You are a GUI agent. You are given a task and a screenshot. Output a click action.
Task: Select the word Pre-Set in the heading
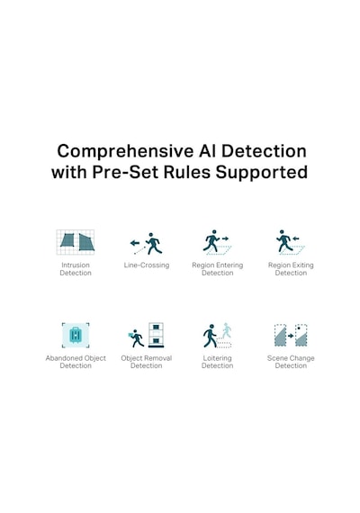coord(126,172)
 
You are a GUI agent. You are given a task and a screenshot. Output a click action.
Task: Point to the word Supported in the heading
coord(262,173)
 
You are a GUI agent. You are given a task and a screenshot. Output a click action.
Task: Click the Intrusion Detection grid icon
coord(76,242)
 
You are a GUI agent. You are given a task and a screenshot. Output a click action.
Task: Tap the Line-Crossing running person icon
coord(153,244)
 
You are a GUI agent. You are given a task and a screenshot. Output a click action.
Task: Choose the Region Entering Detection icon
coord(217,242)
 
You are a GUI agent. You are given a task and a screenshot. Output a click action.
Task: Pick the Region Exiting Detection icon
coord(291,242)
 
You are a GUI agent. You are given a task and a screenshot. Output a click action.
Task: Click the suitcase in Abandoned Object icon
coord(76,335)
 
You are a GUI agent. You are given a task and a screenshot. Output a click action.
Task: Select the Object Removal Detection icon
coord(147,335)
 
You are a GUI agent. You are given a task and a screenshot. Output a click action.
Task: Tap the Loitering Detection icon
coord(217,336)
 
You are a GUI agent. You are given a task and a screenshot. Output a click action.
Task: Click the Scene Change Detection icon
coord(291,335)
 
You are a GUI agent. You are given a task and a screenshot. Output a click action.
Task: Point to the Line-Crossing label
coord(147,265)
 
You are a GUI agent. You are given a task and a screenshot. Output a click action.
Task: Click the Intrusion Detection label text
coord(76,269)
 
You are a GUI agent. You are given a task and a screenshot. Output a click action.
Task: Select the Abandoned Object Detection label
coord(76,362)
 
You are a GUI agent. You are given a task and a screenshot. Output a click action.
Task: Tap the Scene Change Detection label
coord(291,362)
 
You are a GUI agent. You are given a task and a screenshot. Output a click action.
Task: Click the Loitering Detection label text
coord(217,362)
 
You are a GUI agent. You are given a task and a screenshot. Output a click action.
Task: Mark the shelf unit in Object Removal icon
coord(156,335)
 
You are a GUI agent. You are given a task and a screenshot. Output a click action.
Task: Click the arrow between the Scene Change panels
coord(291,336)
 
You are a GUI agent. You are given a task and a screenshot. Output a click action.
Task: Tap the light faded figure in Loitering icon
coord(227,330)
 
